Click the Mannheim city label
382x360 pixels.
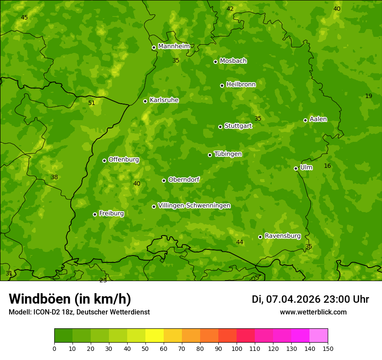[174, 46]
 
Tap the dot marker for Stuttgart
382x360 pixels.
[220, 127]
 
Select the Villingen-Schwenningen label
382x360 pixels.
[194, 206]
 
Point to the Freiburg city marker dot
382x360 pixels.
[95, 214]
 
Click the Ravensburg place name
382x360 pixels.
[283, 236]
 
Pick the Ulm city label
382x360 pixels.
[306, 167]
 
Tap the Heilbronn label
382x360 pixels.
[241, 85]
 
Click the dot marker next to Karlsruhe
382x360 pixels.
[145, 101]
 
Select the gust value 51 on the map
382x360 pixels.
[92, 103]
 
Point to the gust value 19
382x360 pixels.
[369, 96]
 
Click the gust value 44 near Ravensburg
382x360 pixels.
[240, 242]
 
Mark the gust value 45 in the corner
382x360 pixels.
[24, 17]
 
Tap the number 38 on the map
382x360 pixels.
[54, 177]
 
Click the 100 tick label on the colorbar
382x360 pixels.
[237, 348]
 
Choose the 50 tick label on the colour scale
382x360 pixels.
[145, 348]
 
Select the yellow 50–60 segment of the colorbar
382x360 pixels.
[155, 336]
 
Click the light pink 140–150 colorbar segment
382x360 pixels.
[319, 336]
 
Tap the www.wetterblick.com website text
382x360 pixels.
[313, 312]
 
